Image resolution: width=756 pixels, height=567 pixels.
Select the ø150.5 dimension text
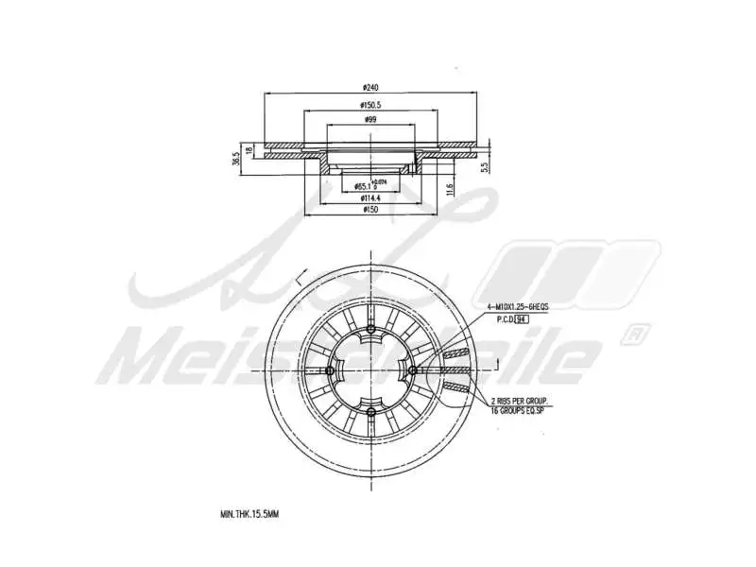[x=370, y=105]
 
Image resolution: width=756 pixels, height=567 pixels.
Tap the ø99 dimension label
[x=370, y=120]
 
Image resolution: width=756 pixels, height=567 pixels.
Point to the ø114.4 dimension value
[x=370, y=198]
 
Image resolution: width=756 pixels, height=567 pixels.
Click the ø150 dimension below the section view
[x=370, y=211]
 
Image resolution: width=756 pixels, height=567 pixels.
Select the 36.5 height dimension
[x=236, y=161]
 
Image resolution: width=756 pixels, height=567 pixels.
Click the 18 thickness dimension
[x=249, y=150]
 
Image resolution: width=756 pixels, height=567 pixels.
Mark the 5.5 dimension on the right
[x=483, y=166]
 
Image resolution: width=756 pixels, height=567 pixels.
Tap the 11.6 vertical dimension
[x=452, y=189]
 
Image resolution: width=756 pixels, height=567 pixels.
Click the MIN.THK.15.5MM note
[x=249, y=514]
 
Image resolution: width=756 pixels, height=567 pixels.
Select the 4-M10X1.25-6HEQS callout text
[x=518, y=308]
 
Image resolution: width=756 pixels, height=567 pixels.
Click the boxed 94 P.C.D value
[x=520, y=320]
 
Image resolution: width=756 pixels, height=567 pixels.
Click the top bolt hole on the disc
[x=371, y=330]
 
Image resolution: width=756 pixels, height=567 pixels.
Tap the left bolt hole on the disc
[x=329, y=370]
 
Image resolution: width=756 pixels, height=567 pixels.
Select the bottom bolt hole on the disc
[x=371, y=413]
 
